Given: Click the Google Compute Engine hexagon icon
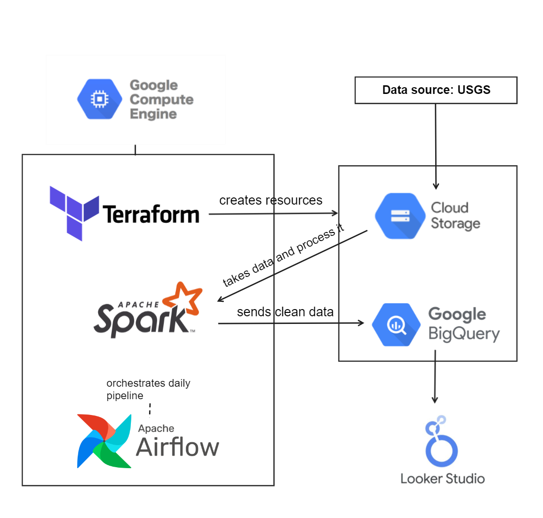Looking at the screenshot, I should click(x=100, y=99).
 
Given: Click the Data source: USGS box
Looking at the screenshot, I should click(x=436, y=90).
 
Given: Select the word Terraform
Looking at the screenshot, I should click(x=151, y=214).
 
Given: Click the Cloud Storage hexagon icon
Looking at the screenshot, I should click(x=400, y=216).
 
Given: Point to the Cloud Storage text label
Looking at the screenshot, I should click(x=455, y=216).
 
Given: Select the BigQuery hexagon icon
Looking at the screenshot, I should click(x=396, y=324).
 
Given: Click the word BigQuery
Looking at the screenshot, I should click(x=463, y=334).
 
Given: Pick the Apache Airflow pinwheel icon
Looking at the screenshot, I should click(x=104, y=441).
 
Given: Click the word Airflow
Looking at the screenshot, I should click(x=177, y=447).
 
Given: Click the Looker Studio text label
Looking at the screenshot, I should click(x=442, y=478).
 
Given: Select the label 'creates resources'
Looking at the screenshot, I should click(x=271, y=200).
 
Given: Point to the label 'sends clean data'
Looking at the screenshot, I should click(x=285, y=312).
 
